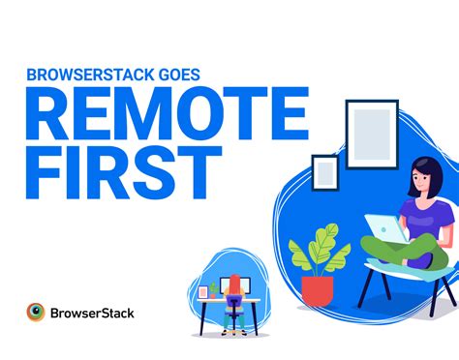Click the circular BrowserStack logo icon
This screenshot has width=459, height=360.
[36, 313]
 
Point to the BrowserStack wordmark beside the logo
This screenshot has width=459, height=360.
[93, 314]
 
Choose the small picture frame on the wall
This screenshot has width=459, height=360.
[325, 172]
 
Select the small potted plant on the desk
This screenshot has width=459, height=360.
[214, 288]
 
